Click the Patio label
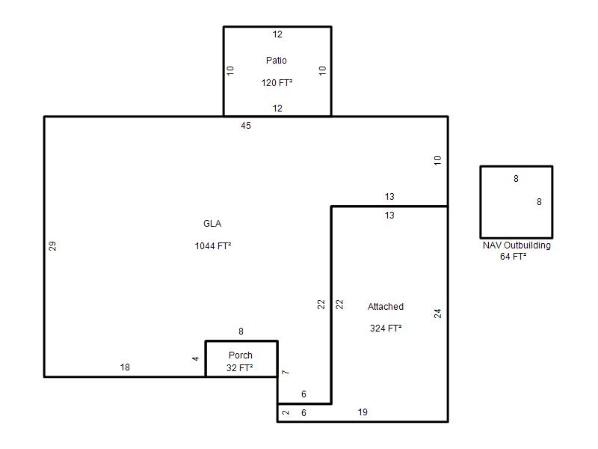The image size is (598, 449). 276,61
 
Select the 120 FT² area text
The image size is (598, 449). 277,83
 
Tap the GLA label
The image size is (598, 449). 212,223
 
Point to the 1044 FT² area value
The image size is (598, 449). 213,246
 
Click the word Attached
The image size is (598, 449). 386,307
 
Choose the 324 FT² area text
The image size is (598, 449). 386,329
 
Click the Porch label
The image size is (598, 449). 240,355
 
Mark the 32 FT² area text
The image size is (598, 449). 239,368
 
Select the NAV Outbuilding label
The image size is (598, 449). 517,245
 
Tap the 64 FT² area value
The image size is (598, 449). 514,257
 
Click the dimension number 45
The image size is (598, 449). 246,126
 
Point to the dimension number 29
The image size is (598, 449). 52,246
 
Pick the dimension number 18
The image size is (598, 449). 125,367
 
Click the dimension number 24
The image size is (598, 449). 437,314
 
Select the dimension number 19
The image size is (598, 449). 363,412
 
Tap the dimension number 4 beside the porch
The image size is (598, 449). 195,358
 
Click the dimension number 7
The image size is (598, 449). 286,372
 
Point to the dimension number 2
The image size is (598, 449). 286,413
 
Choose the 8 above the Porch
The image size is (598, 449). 241,332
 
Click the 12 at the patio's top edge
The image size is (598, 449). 277,34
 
